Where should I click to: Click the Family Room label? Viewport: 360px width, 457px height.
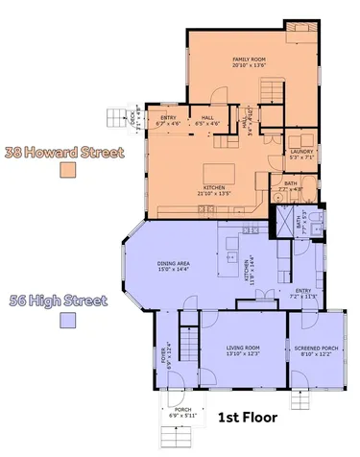tap(248, 60)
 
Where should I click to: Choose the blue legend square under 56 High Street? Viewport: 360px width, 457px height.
tap(67, 320)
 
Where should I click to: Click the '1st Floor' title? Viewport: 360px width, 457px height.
tap(248, 418)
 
